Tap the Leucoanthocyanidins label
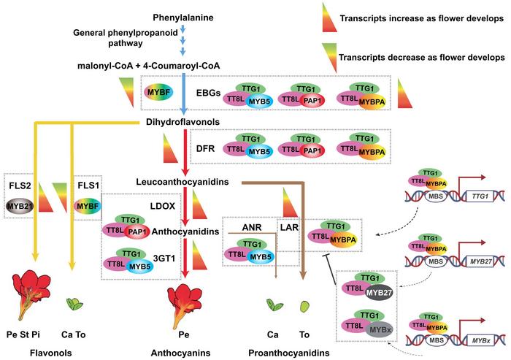pos(178,180)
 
